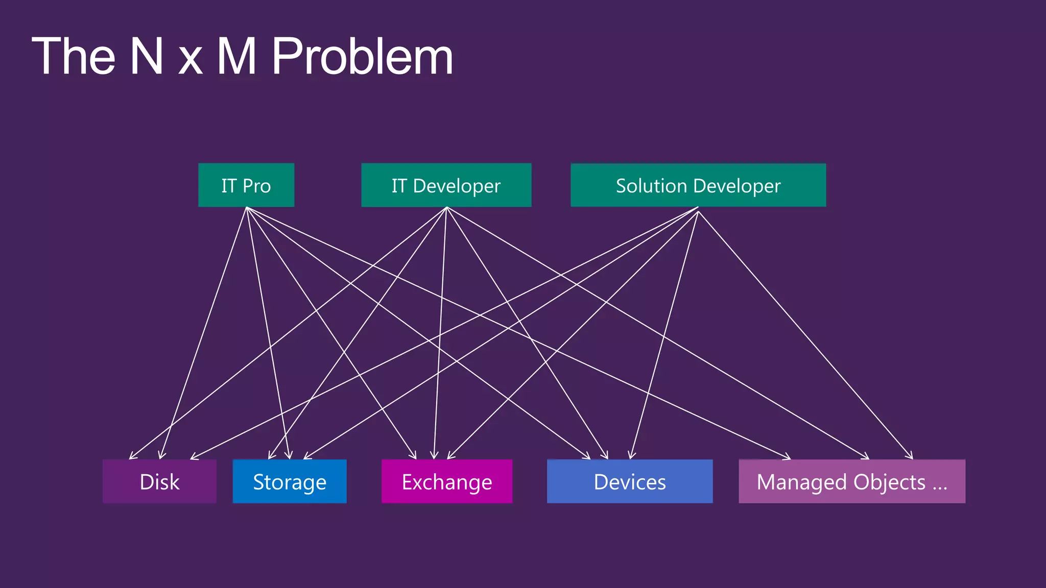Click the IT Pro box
pos(246,185)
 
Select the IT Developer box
pos(446,185)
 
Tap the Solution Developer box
pos(698,185)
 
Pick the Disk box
pos(159,481)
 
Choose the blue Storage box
pos(290,481)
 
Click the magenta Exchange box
pos(447,481)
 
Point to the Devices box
pos(630,481)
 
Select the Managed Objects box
pos(851,481)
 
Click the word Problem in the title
pos(362,56)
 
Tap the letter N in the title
pos(147,56)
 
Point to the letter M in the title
pos(236,56)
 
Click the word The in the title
pos(74,56)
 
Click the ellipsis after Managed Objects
pos(940,483)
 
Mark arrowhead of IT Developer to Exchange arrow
pos(434,457)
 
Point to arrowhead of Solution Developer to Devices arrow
pos(631,456)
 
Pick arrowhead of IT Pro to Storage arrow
pos(290,456)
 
